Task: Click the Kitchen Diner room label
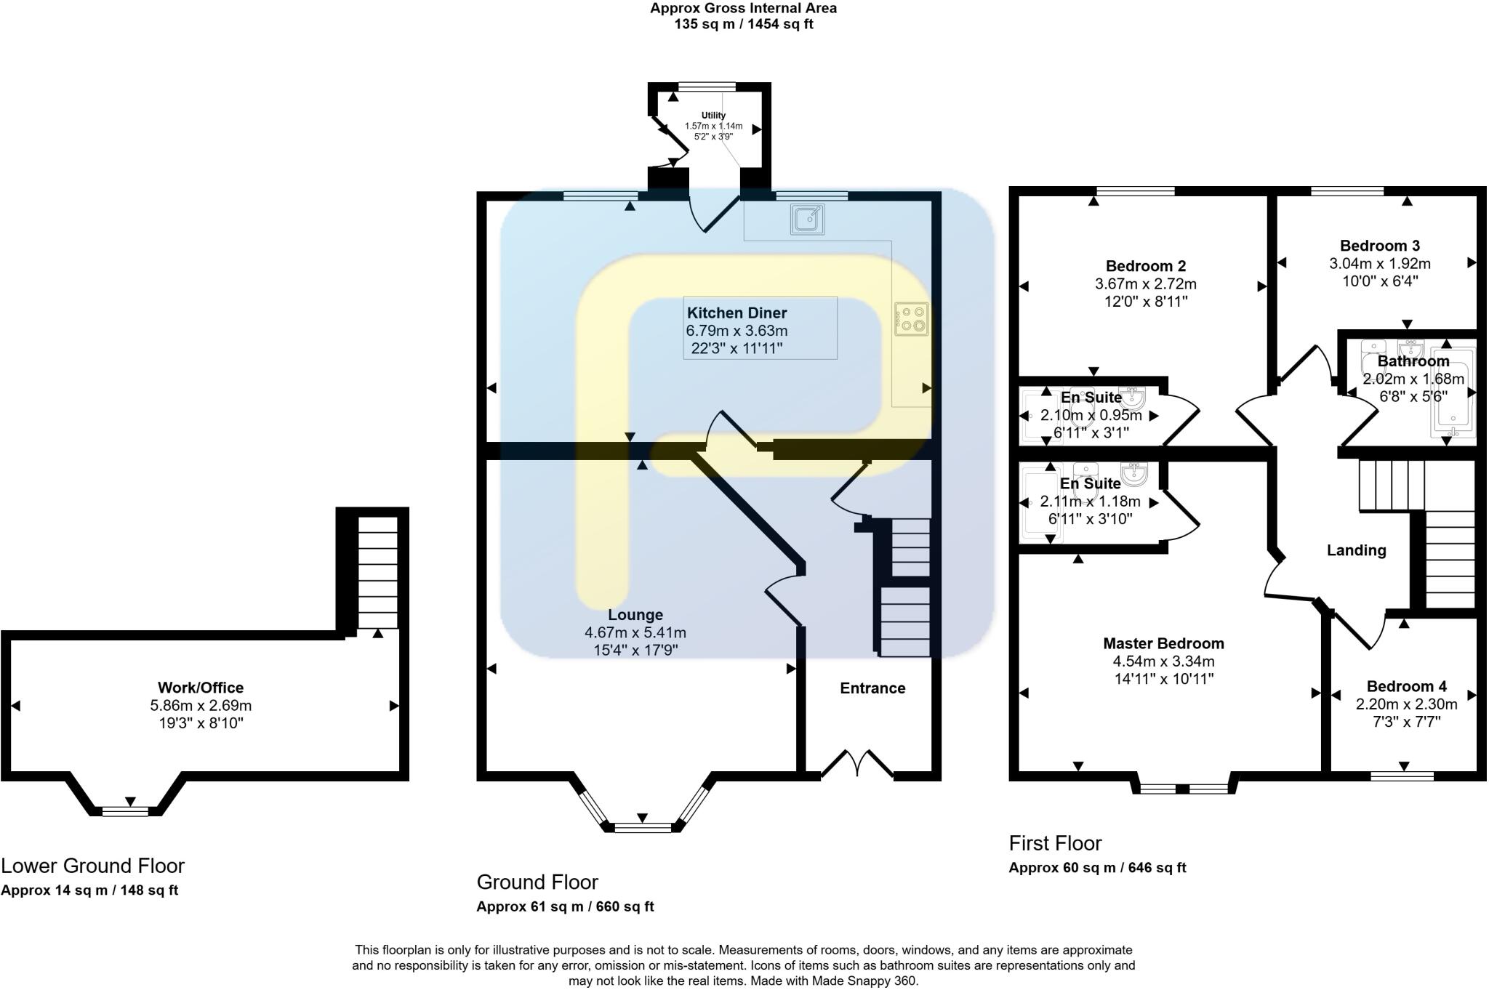coord(737,313)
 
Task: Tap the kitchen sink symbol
coord(808,219)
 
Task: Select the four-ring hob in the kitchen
coord(912,319)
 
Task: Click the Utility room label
coord(713,116)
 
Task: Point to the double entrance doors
coord(857,765)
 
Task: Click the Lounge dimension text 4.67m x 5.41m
coord(635,632)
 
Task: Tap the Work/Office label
coord(201,688)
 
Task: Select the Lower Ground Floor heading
coord(92,866)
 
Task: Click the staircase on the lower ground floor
coord(378,572)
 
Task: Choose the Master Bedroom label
coord(1163,643)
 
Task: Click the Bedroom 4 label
coord(1406,686)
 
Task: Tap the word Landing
coord(1356,550)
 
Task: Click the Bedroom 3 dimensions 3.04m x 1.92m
coord(1379,264)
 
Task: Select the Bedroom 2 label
coord(1145,266)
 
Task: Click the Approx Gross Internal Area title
coord(743,9)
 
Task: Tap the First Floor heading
coord(1055,843)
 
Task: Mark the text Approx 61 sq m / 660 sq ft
coord(565,906)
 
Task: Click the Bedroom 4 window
coord(1402,776)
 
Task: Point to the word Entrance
coord(872,688)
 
